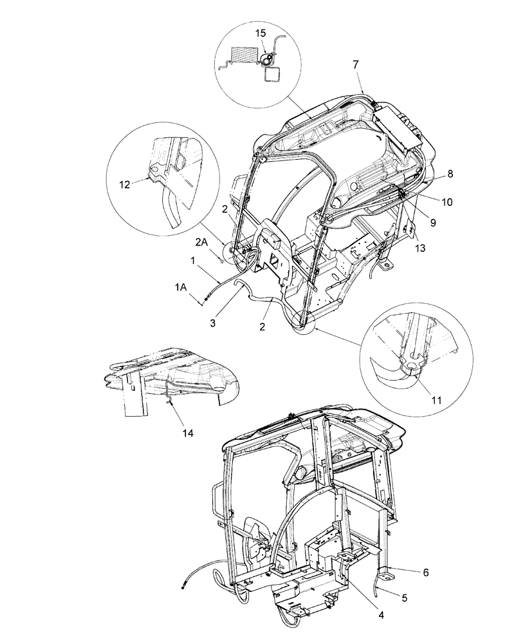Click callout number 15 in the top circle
pos(260,33)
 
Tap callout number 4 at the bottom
pos(381,615)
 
